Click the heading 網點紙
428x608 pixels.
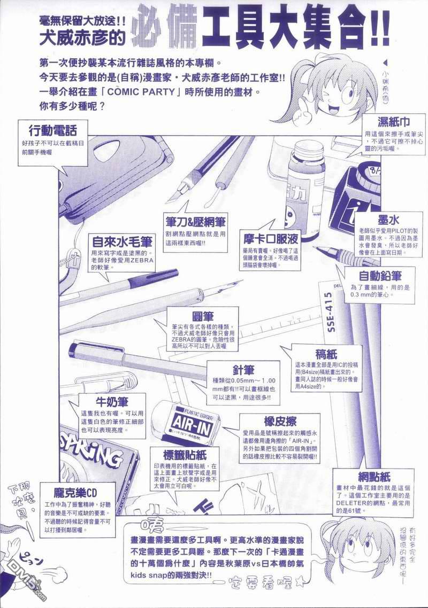(x=361, y=476)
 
